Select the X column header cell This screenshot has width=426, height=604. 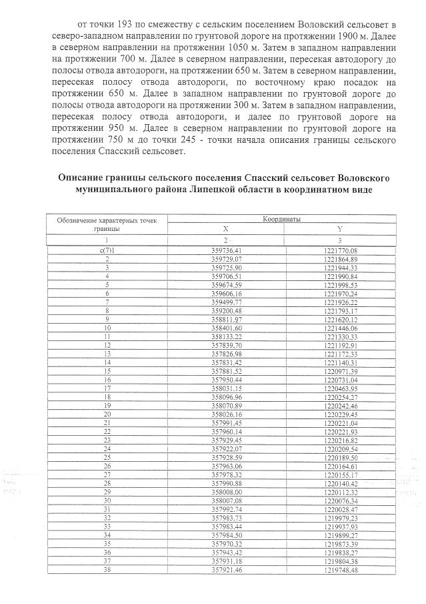(225, 228)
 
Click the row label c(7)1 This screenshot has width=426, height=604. (107, 250)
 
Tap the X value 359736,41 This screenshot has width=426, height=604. (225, 250)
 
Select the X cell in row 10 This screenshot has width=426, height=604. (225, 328)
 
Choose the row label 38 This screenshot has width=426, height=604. (107, 570)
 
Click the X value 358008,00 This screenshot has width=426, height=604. (225, 492)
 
